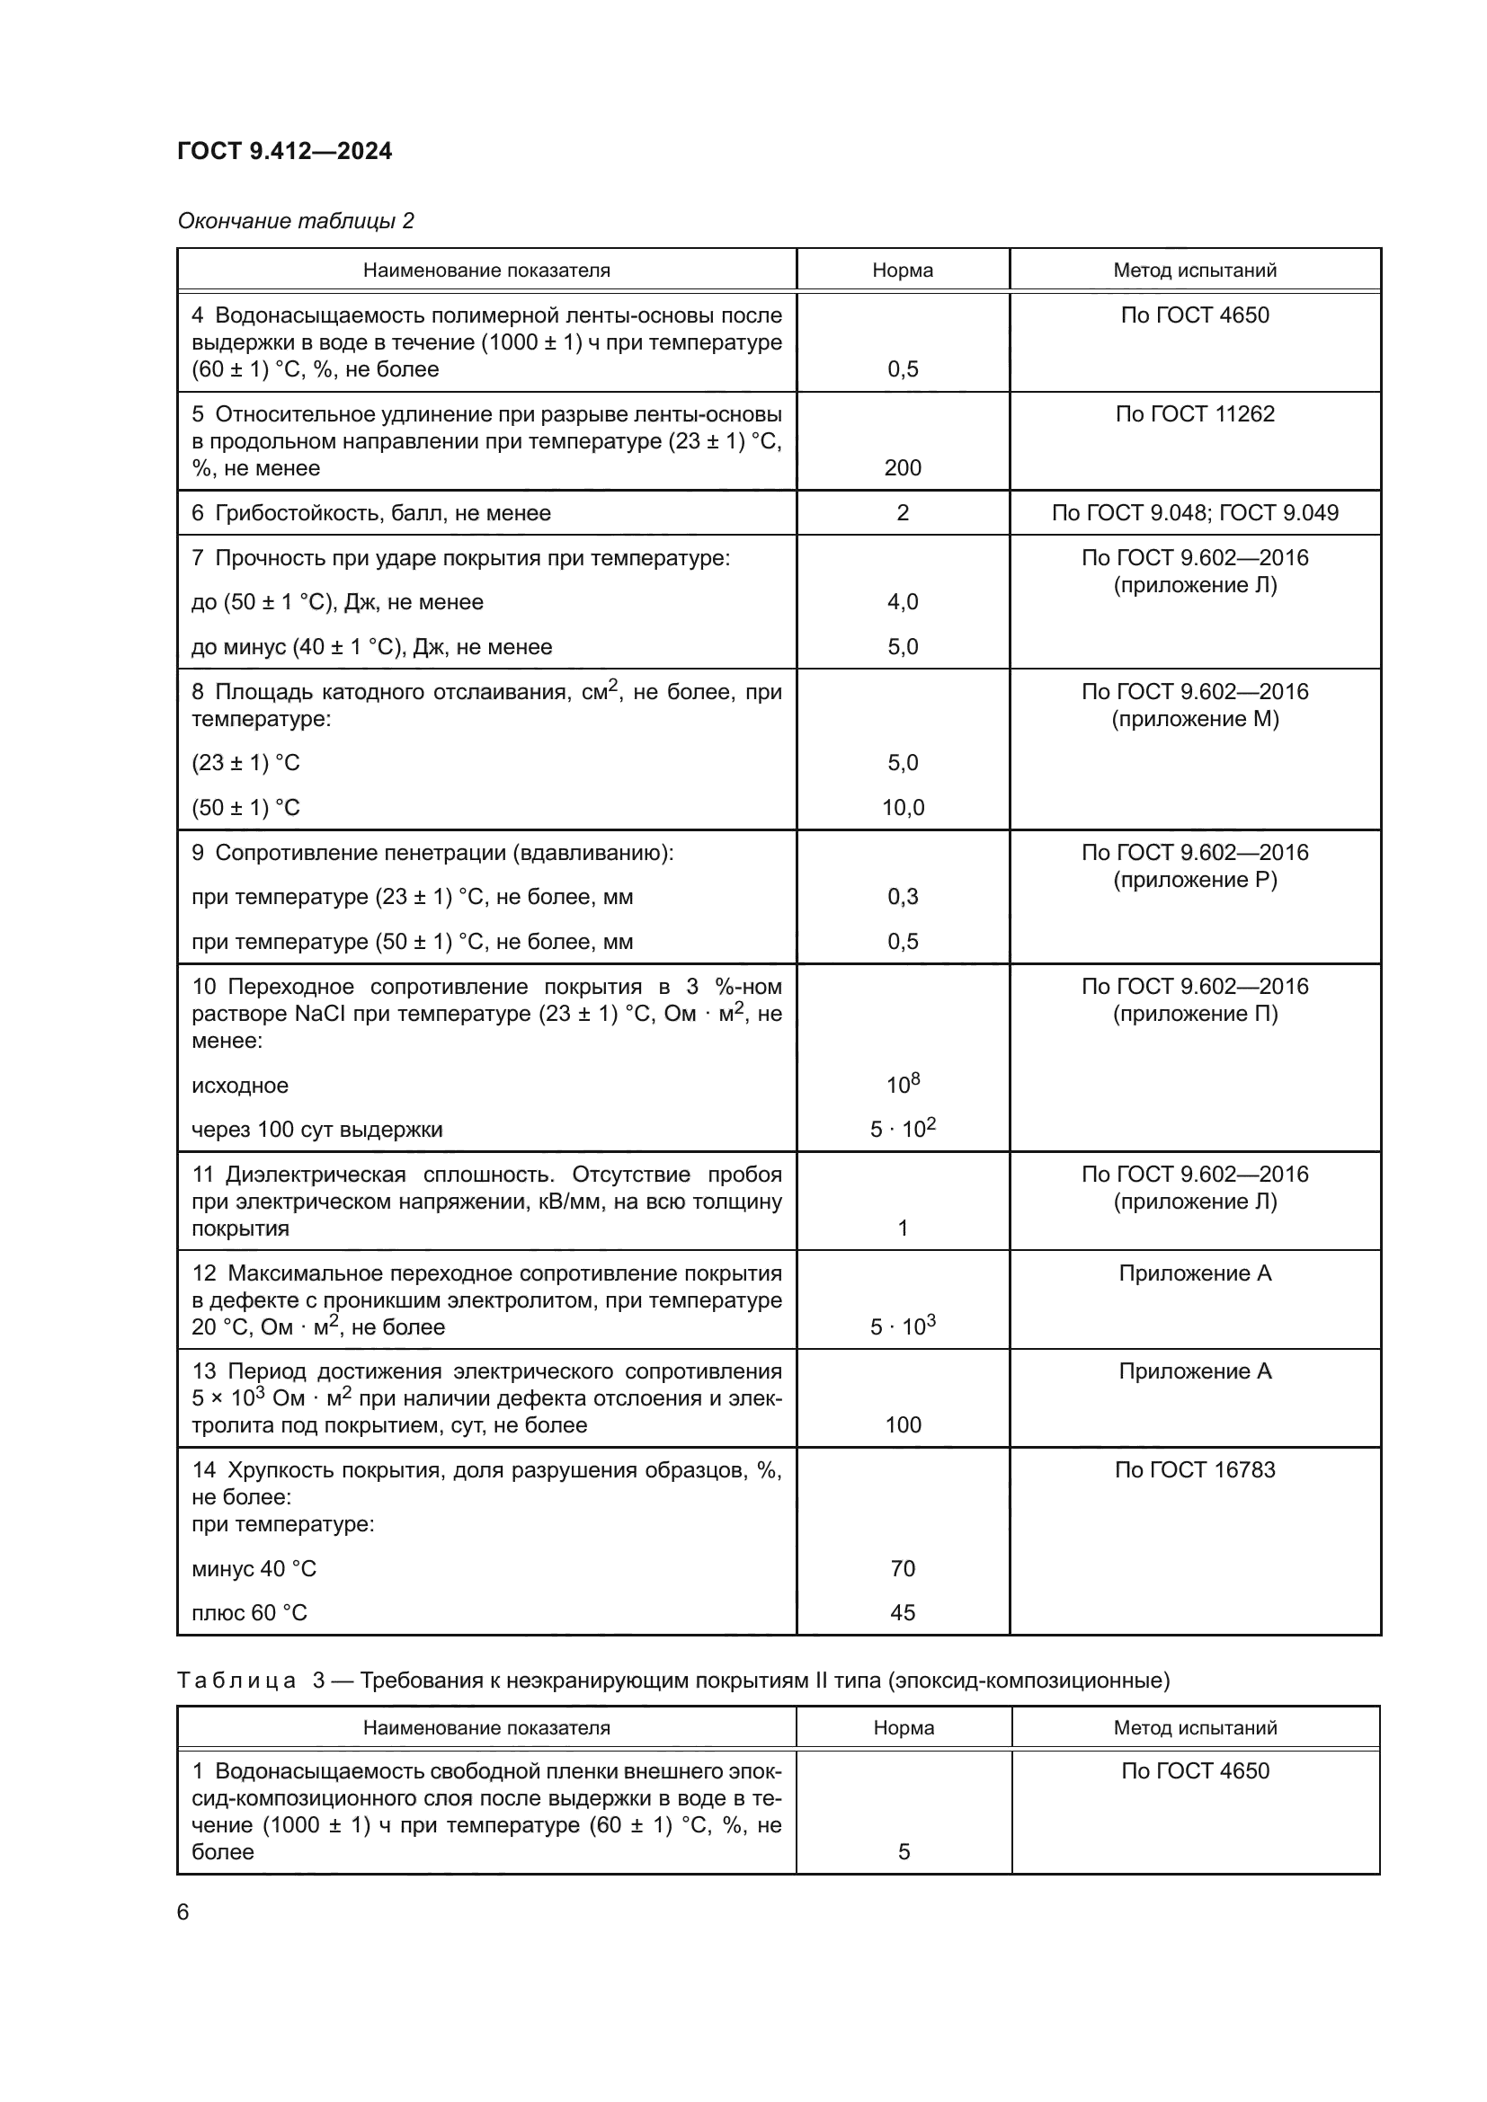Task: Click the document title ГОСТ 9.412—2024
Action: coord(285,151)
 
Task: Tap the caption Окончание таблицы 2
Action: coord(296,221)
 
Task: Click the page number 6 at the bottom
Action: coord(183,1911)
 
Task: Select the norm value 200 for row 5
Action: coord(902,468)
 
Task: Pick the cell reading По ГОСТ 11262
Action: coord(1194,413)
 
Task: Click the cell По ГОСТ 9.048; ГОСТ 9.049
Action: coord(1194,512)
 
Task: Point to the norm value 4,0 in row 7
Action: coord(902,601)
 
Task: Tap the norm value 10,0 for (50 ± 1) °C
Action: coord(902,808)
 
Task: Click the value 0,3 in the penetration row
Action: coord(902,896)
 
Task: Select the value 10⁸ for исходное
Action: coord(902,1085)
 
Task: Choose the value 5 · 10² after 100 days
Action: coord(902,1129)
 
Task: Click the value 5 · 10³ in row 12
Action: coord(902,1326)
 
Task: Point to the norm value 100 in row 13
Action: coord(902,1424)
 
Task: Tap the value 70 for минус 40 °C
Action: coord(902,1568)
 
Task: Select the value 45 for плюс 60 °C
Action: coord(902,1612)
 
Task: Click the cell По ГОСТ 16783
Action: coord(1194,1469)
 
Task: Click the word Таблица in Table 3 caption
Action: coord(236,1680)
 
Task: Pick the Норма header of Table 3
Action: coord(903,1727)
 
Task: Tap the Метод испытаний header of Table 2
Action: coord(1194,271)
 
